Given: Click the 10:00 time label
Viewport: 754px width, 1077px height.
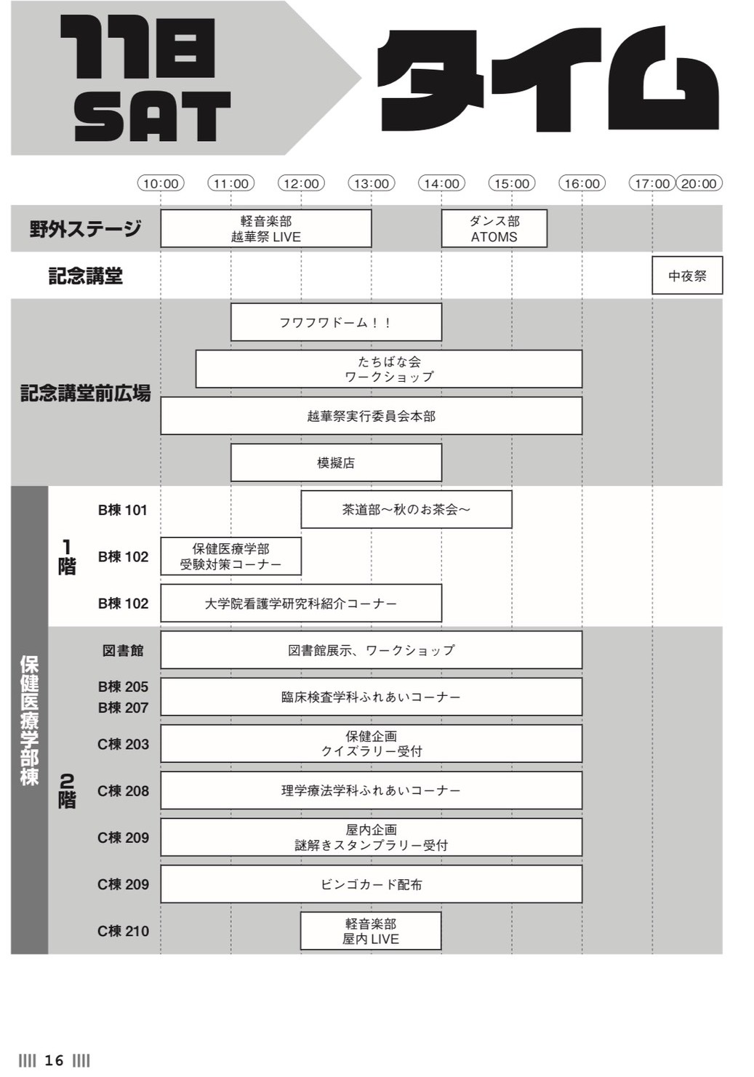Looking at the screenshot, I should click(161, 183).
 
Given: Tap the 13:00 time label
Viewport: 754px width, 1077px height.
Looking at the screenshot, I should click(372, 183).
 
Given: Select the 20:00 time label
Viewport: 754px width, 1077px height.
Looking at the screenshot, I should click(699, 183).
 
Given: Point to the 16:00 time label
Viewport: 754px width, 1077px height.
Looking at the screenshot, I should click(582, 183).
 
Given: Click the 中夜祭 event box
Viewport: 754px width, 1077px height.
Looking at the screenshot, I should click(687, 276).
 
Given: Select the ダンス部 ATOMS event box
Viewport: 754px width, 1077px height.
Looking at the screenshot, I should click(494, 229).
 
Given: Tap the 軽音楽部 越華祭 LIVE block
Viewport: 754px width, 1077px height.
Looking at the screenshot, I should click(266, 229).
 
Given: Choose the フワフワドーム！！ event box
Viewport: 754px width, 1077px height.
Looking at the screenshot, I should click(336, 322).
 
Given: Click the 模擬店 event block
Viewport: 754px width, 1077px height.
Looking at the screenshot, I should click(336, 463).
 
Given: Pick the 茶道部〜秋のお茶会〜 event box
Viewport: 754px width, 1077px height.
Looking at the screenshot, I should click(406, 510).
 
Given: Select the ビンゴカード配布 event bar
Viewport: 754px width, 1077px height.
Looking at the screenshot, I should click(372, 884).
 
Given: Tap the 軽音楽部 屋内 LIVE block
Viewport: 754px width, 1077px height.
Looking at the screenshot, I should click(371, 931).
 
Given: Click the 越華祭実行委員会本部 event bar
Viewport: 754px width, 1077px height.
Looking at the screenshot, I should click(372, 416).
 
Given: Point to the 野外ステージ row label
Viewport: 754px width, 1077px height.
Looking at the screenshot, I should click(85, 229).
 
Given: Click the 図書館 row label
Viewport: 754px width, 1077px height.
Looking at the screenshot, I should click(123, 650).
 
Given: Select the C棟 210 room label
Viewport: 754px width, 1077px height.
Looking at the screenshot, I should click(123, 931).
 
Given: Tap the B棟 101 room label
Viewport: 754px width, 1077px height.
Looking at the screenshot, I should click(123, 510).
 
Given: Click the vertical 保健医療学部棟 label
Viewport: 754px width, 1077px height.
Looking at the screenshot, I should click(30, 719).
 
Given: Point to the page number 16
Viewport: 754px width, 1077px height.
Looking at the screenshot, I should click(54, 1060).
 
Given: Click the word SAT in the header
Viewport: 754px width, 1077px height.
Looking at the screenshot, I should click(152, 117).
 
